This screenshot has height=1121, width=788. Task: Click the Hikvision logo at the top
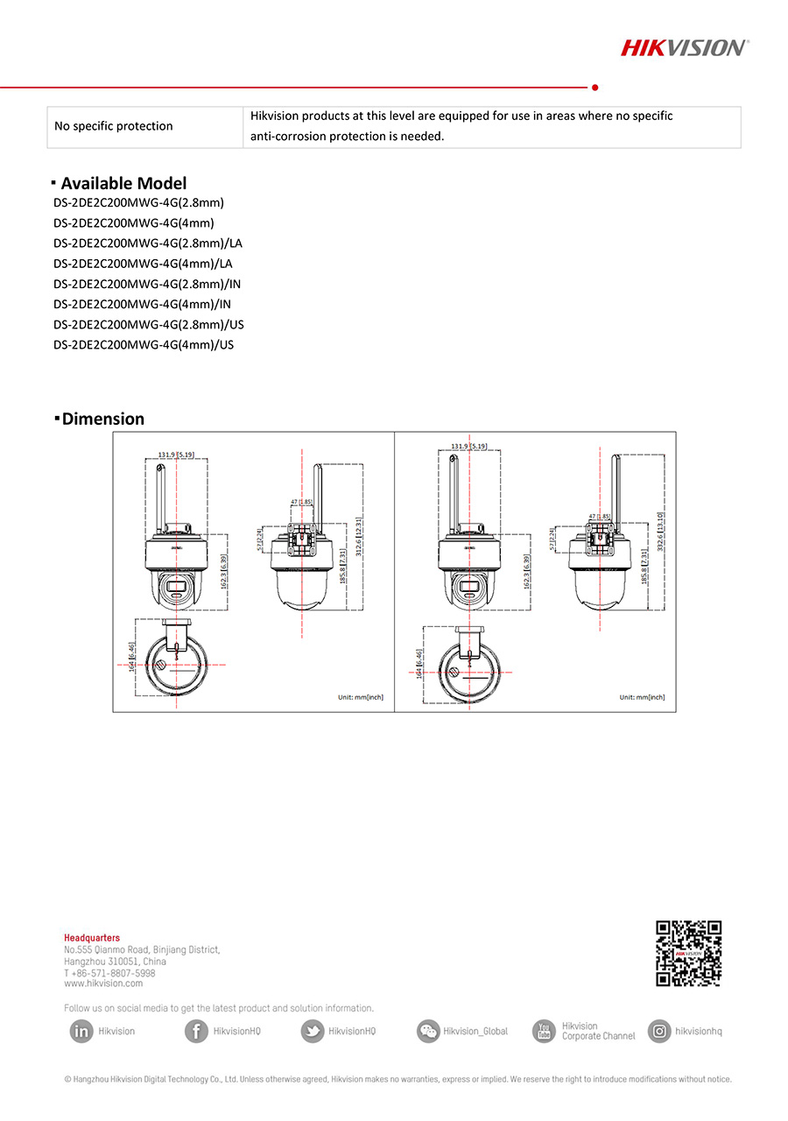(x=684, y=47)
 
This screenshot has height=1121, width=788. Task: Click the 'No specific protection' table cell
(x=114, y=126)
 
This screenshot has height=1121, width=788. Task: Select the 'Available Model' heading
(x=123, y=183)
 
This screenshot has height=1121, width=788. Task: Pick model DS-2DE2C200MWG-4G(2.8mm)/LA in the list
(x=148, y=243)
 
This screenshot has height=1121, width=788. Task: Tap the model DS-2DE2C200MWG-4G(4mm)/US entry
(x=144, y=345)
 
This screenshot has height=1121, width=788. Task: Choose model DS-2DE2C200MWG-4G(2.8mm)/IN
(x=147, y=284)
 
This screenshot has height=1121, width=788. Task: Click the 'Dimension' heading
(x=102, y=419)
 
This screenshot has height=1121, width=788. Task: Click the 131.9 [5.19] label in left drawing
(x=176, y=455)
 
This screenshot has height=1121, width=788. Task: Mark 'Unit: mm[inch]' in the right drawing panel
(x=641, y=697)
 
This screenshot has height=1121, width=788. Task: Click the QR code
(x=688, y=953)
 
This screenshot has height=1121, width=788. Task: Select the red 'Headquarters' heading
(x=92, y=938)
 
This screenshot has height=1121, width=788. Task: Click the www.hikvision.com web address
(x=103, y=984)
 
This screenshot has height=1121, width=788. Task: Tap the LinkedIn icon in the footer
(x=81, y=1032)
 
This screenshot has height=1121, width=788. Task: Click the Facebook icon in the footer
(x=196, y=1032)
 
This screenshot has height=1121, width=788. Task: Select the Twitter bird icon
(x=312, y=1032)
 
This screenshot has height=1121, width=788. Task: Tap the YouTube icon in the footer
(x=544, y=1032)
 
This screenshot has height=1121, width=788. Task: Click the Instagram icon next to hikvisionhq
(x=659, y=1032)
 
